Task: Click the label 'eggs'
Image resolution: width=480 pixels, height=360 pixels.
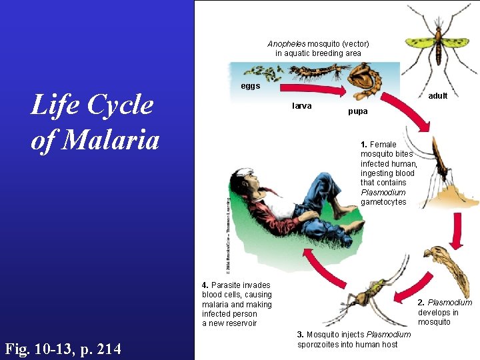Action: (251, 86)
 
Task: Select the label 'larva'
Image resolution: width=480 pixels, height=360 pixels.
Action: (302, 106)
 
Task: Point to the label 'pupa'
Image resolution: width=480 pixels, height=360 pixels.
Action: (357, 111)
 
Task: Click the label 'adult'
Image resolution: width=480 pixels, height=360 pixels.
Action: (437, 96)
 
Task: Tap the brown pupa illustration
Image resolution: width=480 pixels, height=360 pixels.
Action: (366, 79)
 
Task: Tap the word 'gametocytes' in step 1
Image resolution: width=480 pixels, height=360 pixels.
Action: (383, 202)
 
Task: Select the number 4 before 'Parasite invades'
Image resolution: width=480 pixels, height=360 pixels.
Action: (204, 285)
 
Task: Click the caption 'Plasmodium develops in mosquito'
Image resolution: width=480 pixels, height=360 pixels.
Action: (444, 312)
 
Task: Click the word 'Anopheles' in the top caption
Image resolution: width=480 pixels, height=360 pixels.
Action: (287, 44)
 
